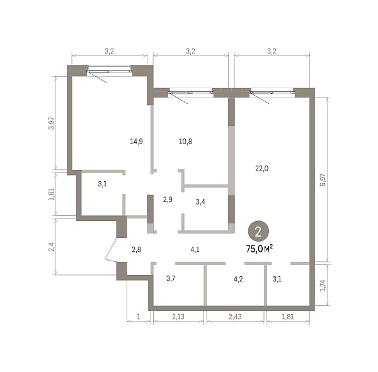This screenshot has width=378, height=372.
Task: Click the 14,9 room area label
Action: pos(136,142)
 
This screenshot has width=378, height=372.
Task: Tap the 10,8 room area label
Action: pos(185,142)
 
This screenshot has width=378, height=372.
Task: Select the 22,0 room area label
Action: pos(262,169)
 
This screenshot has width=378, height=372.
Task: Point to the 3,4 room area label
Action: pos(200,201)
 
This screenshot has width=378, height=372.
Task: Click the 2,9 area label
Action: pos(168,200)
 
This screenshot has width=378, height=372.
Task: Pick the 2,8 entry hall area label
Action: pos(137,249)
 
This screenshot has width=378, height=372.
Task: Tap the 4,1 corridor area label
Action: pos(195,249)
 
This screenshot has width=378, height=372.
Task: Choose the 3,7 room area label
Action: pos(171,278)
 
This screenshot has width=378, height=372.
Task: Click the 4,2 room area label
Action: pos(238,279)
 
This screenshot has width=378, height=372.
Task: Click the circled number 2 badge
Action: pos(258,231)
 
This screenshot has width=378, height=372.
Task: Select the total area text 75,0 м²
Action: pos(260,249)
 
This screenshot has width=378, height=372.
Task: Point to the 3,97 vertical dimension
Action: pos(52,123)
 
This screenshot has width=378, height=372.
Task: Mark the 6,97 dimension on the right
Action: pos(323,180)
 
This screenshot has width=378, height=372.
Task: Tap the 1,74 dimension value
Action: pos(323,286)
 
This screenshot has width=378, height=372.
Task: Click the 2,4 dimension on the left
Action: pos(52,247)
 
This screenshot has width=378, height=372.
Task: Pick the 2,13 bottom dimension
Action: pos(178,317)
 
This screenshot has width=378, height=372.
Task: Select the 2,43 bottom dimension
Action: pos(235,317)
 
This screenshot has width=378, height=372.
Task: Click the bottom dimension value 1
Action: pos(139,317)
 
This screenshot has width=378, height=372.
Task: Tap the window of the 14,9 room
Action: pos(110,71)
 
